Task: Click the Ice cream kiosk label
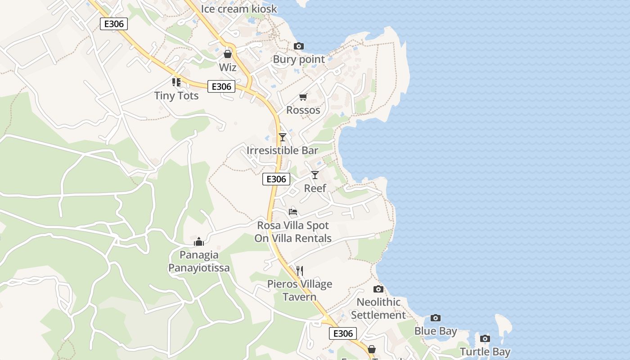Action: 239,9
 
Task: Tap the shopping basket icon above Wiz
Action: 228,54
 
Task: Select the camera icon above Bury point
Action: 299,46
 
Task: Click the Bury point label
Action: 299,59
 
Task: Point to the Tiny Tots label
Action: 176,95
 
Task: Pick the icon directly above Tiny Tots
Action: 176,82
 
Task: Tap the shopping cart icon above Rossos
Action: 303,97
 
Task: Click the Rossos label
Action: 303,110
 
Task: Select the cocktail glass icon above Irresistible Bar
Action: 283,137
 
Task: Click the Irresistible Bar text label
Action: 283,150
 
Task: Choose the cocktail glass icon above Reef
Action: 315,175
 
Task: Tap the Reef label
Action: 315,188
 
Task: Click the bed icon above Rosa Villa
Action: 293,211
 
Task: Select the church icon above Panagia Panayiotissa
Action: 199,242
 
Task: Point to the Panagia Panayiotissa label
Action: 199,261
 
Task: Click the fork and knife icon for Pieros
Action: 300,270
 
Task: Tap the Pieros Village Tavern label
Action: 300,290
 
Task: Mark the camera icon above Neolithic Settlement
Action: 378,289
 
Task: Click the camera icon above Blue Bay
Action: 436,318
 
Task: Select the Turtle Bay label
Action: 485,352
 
